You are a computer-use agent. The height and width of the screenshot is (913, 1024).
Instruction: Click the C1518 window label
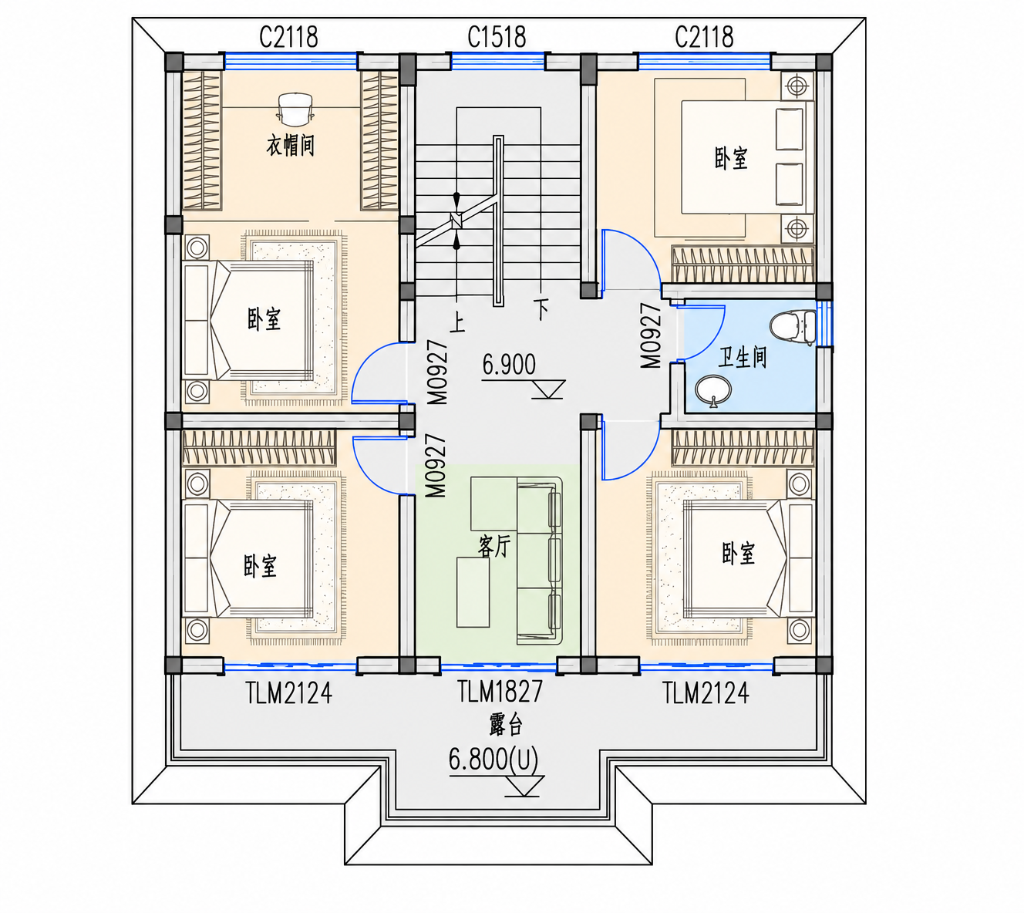[x=497, y=37]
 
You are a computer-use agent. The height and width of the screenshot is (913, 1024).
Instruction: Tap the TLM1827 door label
[x=500, y=691]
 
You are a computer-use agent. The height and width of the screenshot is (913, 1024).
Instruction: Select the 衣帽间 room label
[x=290, y=146]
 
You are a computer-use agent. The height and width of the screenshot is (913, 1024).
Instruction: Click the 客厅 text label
[x=494, y=546]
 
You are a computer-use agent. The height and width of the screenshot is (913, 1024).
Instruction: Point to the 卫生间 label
[x=743, y=357]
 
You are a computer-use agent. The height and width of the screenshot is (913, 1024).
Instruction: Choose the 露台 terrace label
[x=505, y=724]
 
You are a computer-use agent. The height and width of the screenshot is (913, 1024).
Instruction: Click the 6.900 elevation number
[x=508, y=365]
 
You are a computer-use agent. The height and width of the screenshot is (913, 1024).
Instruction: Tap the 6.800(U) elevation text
[x=493, y=759]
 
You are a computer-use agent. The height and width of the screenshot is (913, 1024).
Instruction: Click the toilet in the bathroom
[x=793, y=327]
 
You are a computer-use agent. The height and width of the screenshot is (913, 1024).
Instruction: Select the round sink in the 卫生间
[x=713, y=391]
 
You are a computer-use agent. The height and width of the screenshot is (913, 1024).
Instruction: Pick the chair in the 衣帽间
[x=295, y=109]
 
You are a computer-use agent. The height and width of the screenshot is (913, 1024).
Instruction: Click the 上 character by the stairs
[x=457, y=322]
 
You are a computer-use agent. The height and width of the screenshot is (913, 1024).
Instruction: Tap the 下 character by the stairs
[x=541, y=309]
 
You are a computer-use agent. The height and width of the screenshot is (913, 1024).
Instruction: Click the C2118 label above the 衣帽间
[x=288, y=37]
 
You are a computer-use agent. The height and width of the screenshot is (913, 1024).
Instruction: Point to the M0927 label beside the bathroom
[x=651, y=335]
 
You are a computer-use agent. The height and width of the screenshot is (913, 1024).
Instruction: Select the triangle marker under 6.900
[x=548, y=389]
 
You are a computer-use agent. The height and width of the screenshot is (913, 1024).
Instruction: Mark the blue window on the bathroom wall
[x=825, y=324]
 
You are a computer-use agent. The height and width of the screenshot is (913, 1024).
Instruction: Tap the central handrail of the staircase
[x=498, y=221]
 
